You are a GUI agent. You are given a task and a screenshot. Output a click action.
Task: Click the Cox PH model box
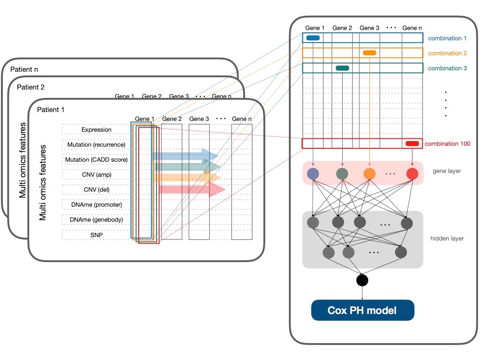(363, 310)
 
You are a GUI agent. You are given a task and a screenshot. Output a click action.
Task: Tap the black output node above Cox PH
(362, 280)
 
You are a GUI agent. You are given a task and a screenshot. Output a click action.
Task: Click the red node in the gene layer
(412, 174)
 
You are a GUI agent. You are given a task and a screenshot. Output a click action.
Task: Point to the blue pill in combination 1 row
(313, 38)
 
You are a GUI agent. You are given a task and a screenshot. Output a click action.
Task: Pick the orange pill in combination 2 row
(369, 53)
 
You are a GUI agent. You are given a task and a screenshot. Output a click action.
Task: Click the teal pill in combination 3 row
(342, 68)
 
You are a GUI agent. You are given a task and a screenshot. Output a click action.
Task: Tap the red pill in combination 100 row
(412, 143)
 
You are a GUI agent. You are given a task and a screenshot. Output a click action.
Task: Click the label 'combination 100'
(448, 144)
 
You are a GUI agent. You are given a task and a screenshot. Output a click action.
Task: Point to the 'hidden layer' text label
(447, 239)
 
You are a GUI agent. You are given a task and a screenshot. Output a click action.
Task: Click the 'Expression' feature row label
(97, 130)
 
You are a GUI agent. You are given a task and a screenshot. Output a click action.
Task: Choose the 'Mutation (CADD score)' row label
(97, 160)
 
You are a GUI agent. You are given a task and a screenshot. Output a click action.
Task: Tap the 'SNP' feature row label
(97, 234)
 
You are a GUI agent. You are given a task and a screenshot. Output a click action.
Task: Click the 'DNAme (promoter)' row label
(97, 205)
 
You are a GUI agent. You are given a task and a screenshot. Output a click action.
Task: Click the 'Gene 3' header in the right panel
(369, 28)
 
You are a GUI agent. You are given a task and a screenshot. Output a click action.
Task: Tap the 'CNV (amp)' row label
(97, 175)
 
